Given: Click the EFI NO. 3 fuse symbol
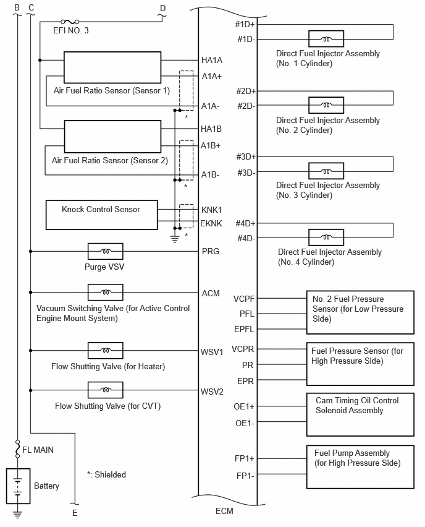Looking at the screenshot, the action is tap(70, 22).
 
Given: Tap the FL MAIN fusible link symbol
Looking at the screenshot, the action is tap(17, 449).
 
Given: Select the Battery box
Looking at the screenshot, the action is tap(18, 486).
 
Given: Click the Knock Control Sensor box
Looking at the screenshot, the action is tap(101, 215).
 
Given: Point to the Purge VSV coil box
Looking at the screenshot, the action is tap(106, 251).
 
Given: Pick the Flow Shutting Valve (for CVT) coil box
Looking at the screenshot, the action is tap(106, 390).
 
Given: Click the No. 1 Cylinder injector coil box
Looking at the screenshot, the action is tap(326, 39).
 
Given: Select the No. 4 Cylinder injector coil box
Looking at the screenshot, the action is tap(326, 238).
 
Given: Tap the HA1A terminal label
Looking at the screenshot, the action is tap(212, 60).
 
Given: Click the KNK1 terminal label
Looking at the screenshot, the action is tap(211, 210).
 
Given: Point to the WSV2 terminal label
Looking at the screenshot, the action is tap(212, 392).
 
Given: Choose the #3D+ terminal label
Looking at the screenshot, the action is tap(246, 156).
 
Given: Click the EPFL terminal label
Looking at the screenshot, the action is tap(244, 329).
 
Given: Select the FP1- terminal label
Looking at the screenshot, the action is tap(245, 476).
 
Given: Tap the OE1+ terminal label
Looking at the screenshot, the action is tap(244, 406).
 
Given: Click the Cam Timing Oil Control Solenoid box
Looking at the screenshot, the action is tap(360, 415).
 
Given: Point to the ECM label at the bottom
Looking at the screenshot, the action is tap(224, 511).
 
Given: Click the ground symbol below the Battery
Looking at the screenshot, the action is tap(17, 514).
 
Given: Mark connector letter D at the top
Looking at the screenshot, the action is tap(163, 8).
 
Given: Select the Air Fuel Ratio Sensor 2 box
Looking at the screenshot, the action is tap(112, 137).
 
